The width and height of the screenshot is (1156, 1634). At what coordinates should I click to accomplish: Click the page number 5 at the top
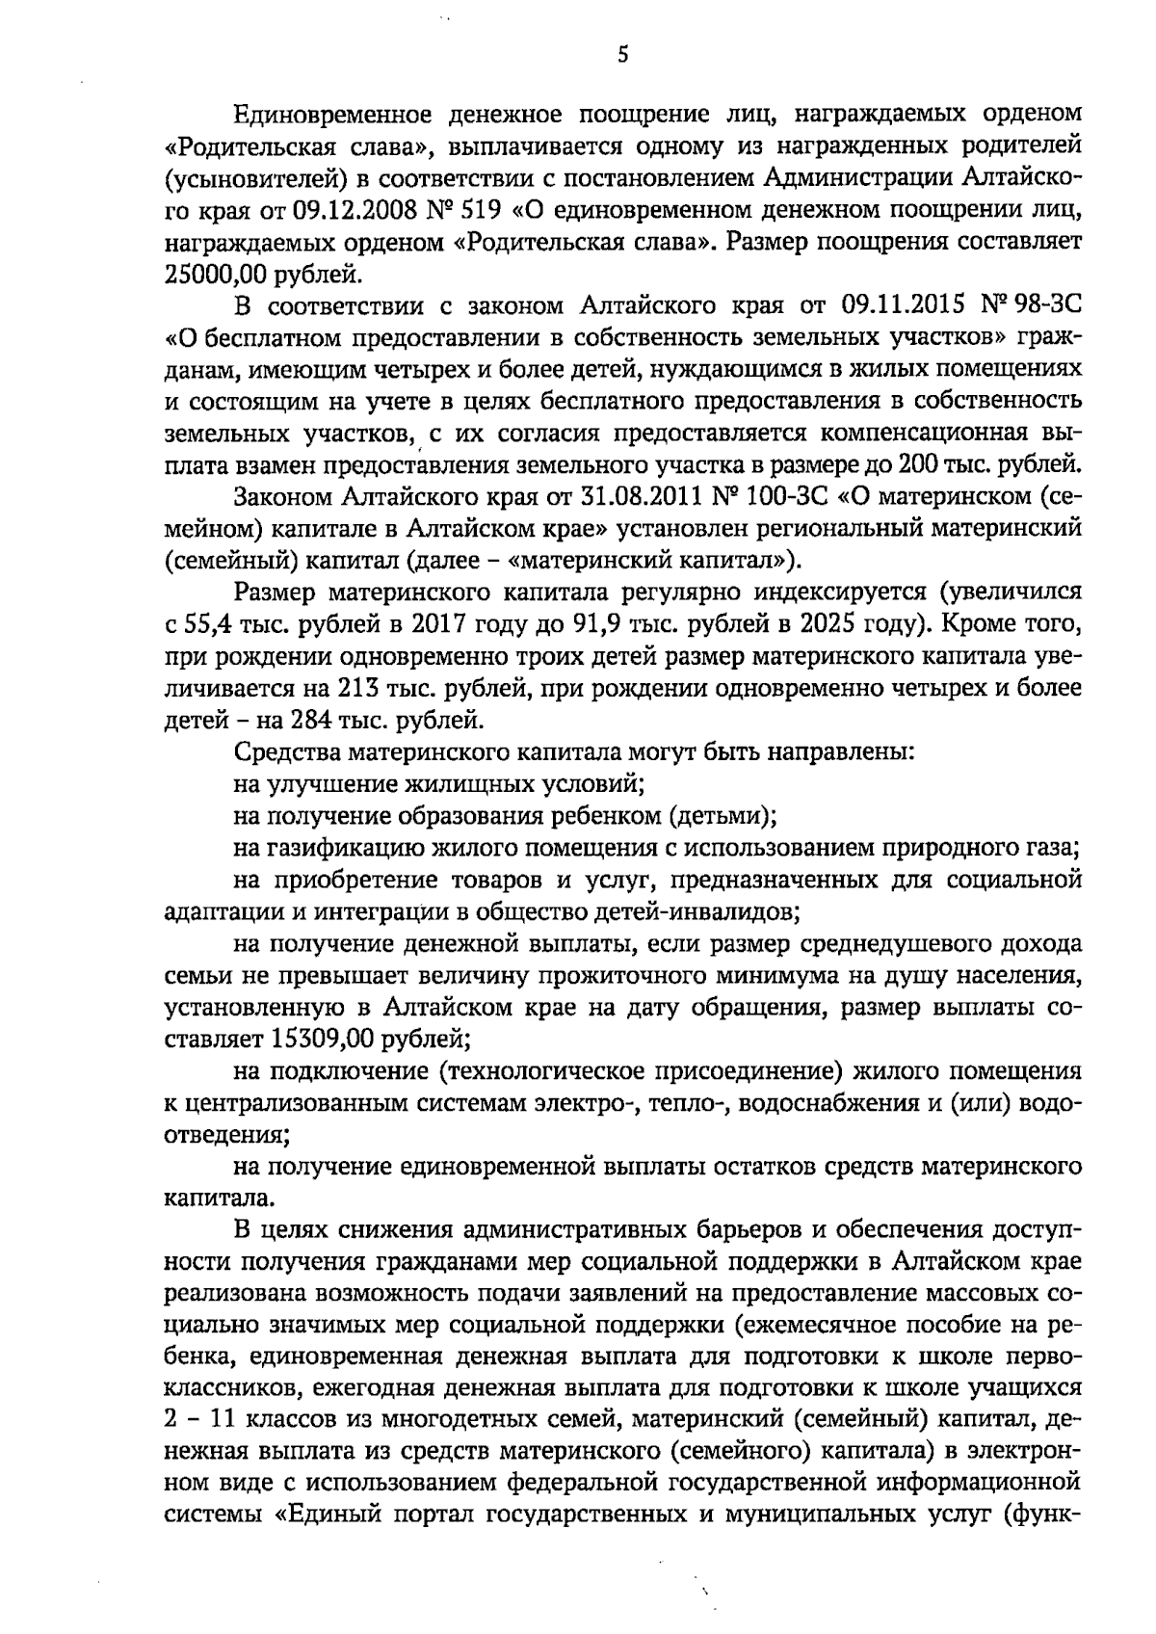click(x=622, y=55)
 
